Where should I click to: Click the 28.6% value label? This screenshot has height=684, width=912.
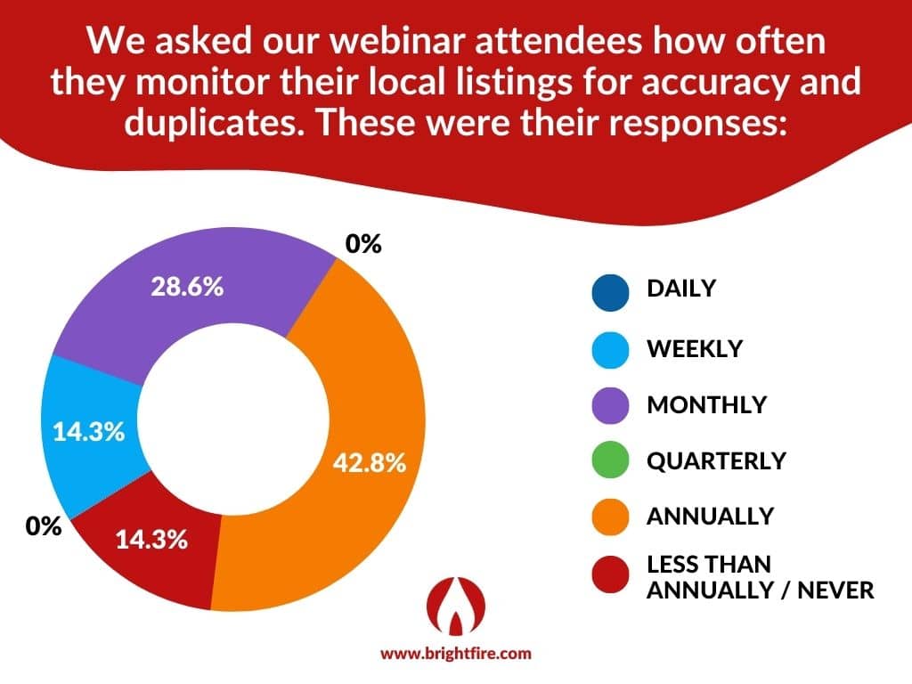click(x=187, y=287)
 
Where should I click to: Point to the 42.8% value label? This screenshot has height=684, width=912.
click(x=370, y=463)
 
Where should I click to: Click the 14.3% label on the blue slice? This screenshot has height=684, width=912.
click(x=89, y=432)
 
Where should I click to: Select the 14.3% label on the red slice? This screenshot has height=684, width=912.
click(x=151, y=540)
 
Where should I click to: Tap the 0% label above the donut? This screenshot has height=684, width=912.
click(x=363, y=244)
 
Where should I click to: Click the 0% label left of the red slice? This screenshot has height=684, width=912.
click(x=44, y=526)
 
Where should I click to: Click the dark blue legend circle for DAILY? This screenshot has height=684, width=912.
click(x=610, y=292)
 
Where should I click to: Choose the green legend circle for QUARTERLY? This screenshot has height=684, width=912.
click(x=610, y=460)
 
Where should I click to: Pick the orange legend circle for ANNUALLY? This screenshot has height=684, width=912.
click(x=610, y=517)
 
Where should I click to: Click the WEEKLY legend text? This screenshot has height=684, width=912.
click(x=695, y=349)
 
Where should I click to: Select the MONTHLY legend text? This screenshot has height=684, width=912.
click(x=707, y=405)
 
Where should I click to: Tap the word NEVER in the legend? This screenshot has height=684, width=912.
click(x=835, y=590)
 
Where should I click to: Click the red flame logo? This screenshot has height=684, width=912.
click(x=456, y=606)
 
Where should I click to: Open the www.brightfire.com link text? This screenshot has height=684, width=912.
click(x=456, y=653)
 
